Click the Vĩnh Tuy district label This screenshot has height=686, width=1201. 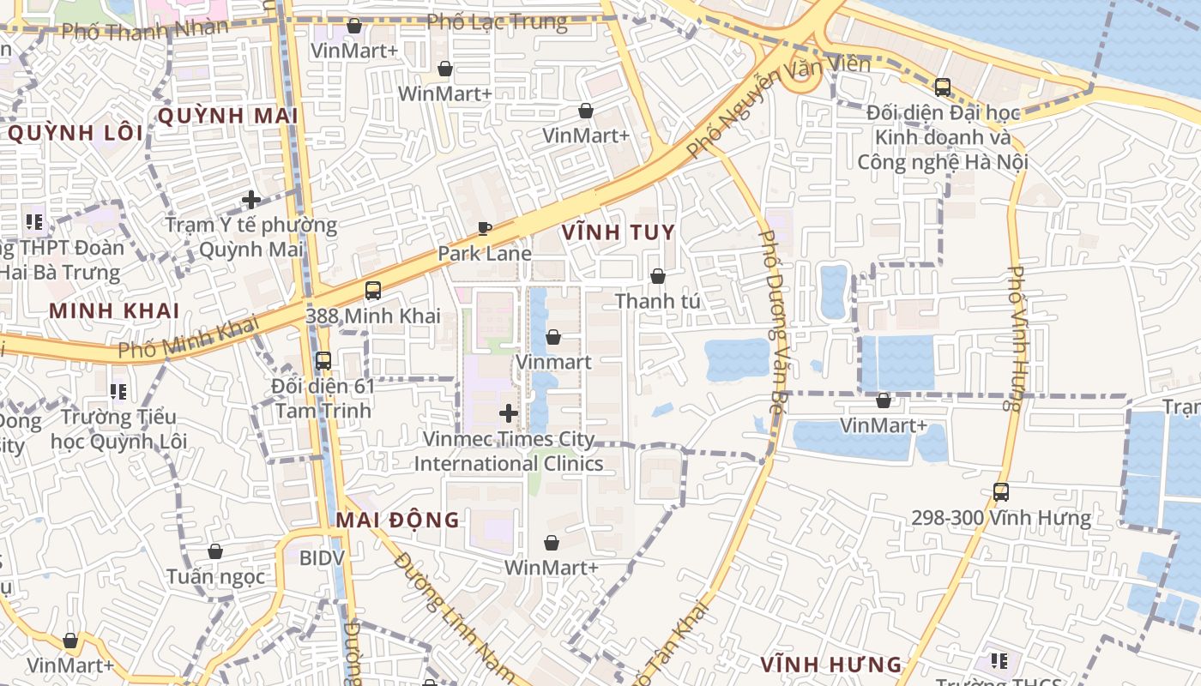(618, 232)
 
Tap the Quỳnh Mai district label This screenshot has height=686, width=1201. (227, 116)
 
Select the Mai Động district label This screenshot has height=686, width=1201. (397, 520)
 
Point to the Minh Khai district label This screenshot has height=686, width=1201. (114, 310)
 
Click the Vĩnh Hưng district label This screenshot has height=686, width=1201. (831, 664)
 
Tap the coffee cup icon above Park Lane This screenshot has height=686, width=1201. (485, 228)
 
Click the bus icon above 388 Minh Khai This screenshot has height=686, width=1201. (372, 291)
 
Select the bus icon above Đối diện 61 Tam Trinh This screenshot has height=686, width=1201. (323, 361)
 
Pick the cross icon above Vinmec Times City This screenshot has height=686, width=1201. (509, 414)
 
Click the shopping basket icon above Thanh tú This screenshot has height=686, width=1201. (657, 276)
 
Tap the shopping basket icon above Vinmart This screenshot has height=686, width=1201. (553, 337)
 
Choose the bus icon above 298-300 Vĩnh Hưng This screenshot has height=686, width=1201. (1000, 492)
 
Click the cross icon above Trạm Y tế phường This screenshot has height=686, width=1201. (250, 200)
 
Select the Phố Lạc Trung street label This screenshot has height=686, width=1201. (498, 22)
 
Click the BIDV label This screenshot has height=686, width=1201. (322, 558)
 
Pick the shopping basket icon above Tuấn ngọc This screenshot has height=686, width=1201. (215, 551)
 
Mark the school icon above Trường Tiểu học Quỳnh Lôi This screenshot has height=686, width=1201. (118, 392)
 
